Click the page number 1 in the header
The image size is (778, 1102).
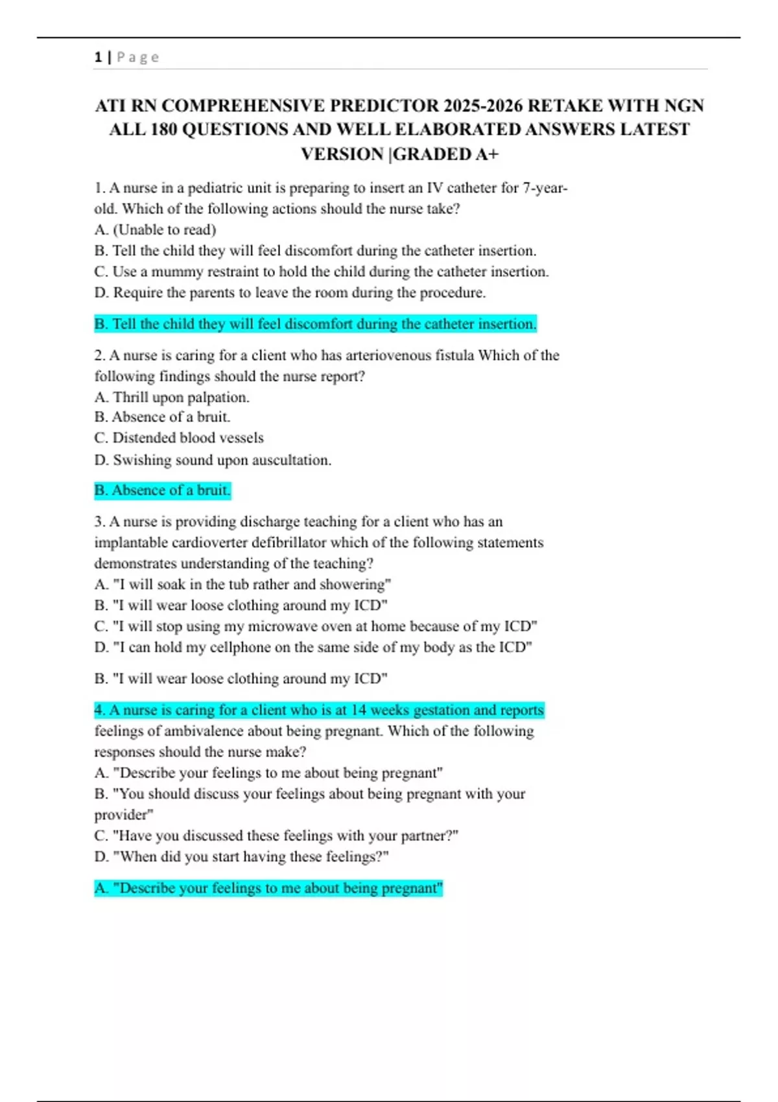click(98, 57)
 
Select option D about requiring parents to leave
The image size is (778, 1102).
click(290, 292)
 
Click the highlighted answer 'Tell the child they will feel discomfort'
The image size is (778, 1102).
click(315, 323)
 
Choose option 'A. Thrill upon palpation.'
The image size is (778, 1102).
click(172, 397)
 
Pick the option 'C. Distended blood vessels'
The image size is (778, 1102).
click(179, 438)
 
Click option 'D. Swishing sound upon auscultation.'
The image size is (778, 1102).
click(213, 460)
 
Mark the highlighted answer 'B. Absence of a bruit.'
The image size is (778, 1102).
click(162, 490)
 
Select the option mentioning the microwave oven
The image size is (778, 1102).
click(316, 626)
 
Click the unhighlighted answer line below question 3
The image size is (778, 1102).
click(241, 679)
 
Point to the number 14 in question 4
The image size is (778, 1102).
click(359, 710)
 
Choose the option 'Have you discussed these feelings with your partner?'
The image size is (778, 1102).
click(276, 836)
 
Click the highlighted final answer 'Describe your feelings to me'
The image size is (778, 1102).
click(268, 888)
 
